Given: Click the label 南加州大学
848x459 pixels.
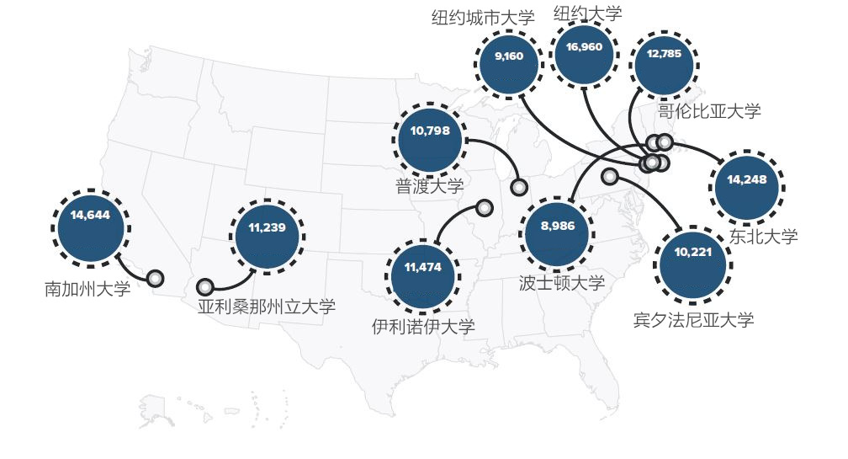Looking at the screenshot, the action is [87, 290].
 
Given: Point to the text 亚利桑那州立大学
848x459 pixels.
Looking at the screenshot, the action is [267, 307].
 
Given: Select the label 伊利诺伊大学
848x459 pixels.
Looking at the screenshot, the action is [423, 326].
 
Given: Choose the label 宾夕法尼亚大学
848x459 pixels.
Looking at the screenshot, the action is [693, 320].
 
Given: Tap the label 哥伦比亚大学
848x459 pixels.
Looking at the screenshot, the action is [709, 110].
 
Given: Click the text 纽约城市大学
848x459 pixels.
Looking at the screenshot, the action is [483, 19].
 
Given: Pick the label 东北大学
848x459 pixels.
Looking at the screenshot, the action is [763, 237].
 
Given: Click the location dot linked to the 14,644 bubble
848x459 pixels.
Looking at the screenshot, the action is [155, 279].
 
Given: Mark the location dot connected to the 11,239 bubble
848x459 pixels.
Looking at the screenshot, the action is [205, 287].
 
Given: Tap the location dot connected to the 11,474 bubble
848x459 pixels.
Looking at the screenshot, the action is [485, 207].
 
